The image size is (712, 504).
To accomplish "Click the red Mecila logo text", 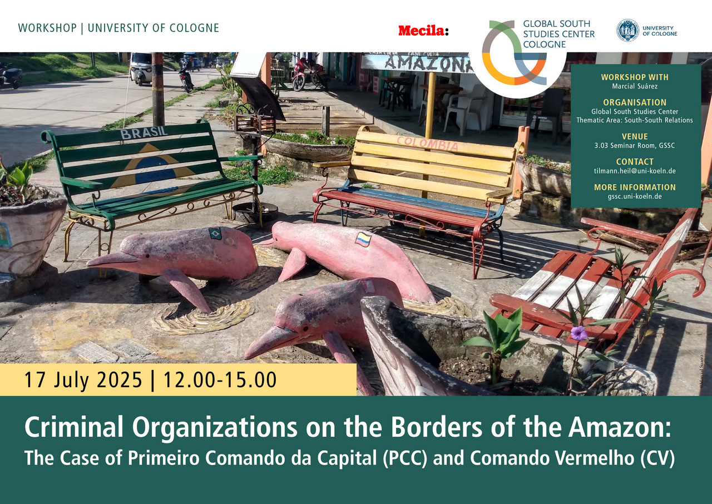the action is point(421,31).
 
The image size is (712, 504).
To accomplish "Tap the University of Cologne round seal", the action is point(628,31).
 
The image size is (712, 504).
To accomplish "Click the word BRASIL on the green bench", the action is point(144,132).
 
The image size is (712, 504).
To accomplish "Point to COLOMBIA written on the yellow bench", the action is point(428,143).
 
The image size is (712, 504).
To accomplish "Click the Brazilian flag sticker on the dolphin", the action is point(215,234).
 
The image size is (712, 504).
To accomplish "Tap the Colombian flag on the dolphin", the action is point(363,239).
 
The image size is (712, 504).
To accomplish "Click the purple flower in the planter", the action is point(579,333).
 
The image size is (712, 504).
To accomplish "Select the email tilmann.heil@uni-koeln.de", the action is point(635,171).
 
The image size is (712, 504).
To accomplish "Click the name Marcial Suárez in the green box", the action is point(635,86).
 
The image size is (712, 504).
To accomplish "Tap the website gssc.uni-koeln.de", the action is point(635,196).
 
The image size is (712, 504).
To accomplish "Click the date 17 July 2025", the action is point(83,379).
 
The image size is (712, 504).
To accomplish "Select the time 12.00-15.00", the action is point(220,379).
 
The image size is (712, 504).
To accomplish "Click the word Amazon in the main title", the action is point(619,427).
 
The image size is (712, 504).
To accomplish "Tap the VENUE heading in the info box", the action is point(635,137).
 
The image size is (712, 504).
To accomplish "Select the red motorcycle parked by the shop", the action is point(308,73).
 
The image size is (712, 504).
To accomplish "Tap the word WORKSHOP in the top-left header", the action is point(47,28).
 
